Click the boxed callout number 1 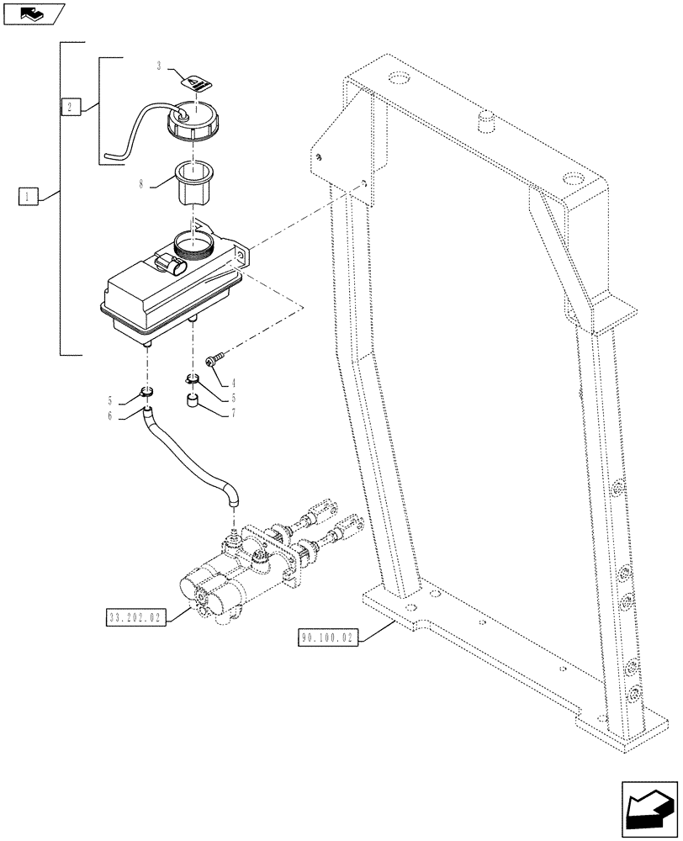pos(28,197)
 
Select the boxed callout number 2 pos(71,106)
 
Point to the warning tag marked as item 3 pos(198,82)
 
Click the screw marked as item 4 pos(214,358)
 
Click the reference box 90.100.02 pos(328,638)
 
